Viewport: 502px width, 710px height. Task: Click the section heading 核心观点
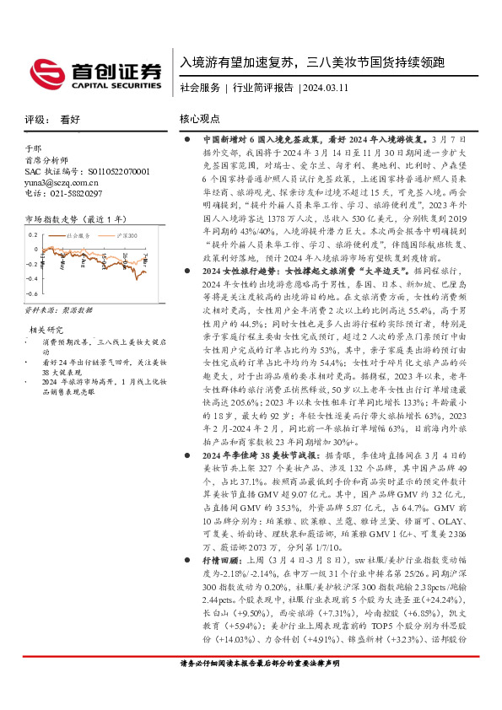199,120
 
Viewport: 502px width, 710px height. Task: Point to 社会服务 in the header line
200,87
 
